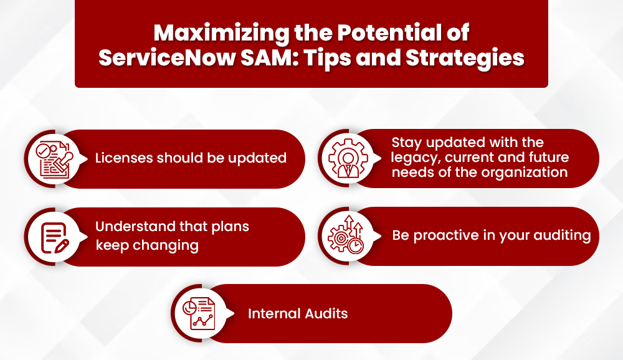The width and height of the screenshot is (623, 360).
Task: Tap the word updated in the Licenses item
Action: point(255,158)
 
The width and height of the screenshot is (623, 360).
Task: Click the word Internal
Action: point(273,313)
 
